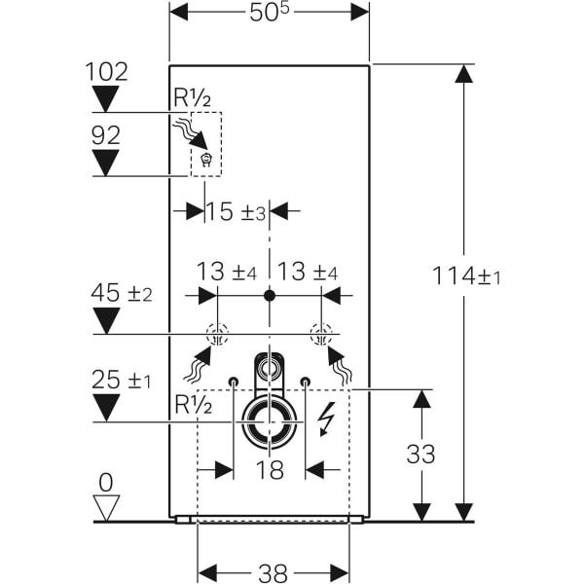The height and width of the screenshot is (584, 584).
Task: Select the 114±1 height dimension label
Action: click(x=466, y=276)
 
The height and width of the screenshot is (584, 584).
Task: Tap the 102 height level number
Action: click(x=105, y=72)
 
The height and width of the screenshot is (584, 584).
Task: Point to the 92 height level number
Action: click(x=105, y=135)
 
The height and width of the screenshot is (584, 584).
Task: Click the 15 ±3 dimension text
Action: click(x=236, y=210)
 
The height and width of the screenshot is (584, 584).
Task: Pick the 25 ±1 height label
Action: click(x=122, y=380)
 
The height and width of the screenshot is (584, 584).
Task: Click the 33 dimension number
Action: click(x=421, y=454)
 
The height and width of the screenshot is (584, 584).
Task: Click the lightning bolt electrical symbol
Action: click(x=326, y=420)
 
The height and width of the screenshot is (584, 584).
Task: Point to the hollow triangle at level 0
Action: click(x=106, y=507)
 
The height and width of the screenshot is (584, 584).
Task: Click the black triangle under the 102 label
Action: click(x=105, y=98)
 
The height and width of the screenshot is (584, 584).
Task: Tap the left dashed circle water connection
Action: click(x=216, y=336)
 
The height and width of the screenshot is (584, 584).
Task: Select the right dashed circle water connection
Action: click(x=320, y=336)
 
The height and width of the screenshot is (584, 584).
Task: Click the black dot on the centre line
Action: click(x=270, y=295)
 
